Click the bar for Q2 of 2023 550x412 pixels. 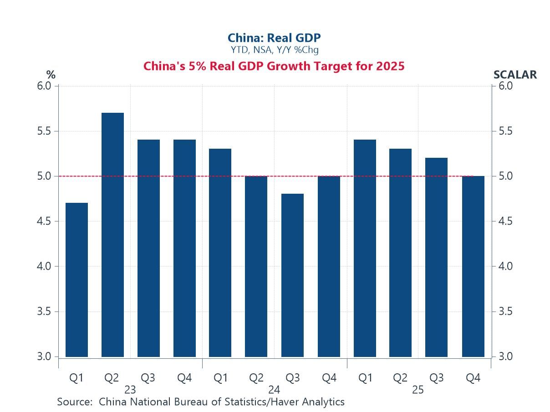coord(112,235)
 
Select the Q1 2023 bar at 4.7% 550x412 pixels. coord(76,280)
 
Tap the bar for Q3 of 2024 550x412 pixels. coord(292,275)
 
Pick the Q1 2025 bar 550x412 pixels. coord(365,248)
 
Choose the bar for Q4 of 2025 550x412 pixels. coord(473,266)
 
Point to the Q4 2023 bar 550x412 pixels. coord(184,248)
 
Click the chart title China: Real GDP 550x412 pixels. coord(274,38)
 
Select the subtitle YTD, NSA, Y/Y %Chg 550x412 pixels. coord(274,50)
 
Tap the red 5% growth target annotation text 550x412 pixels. coord(274,66)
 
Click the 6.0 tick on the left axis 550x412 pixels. coord(44,86)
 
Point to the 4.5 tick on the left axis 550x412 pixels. coord(44,221)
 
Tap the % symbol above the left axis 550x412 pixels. coord(51,75)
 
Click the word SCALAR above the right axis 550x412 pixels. coord(515,75)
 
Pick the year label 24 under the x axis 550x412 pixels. coord(274,390)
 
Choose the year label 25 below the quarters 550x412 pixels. coord(418,390)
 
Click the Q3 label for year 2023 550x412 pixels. coord(148,378)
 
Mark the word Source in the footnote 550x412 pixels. coord(75,402)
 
